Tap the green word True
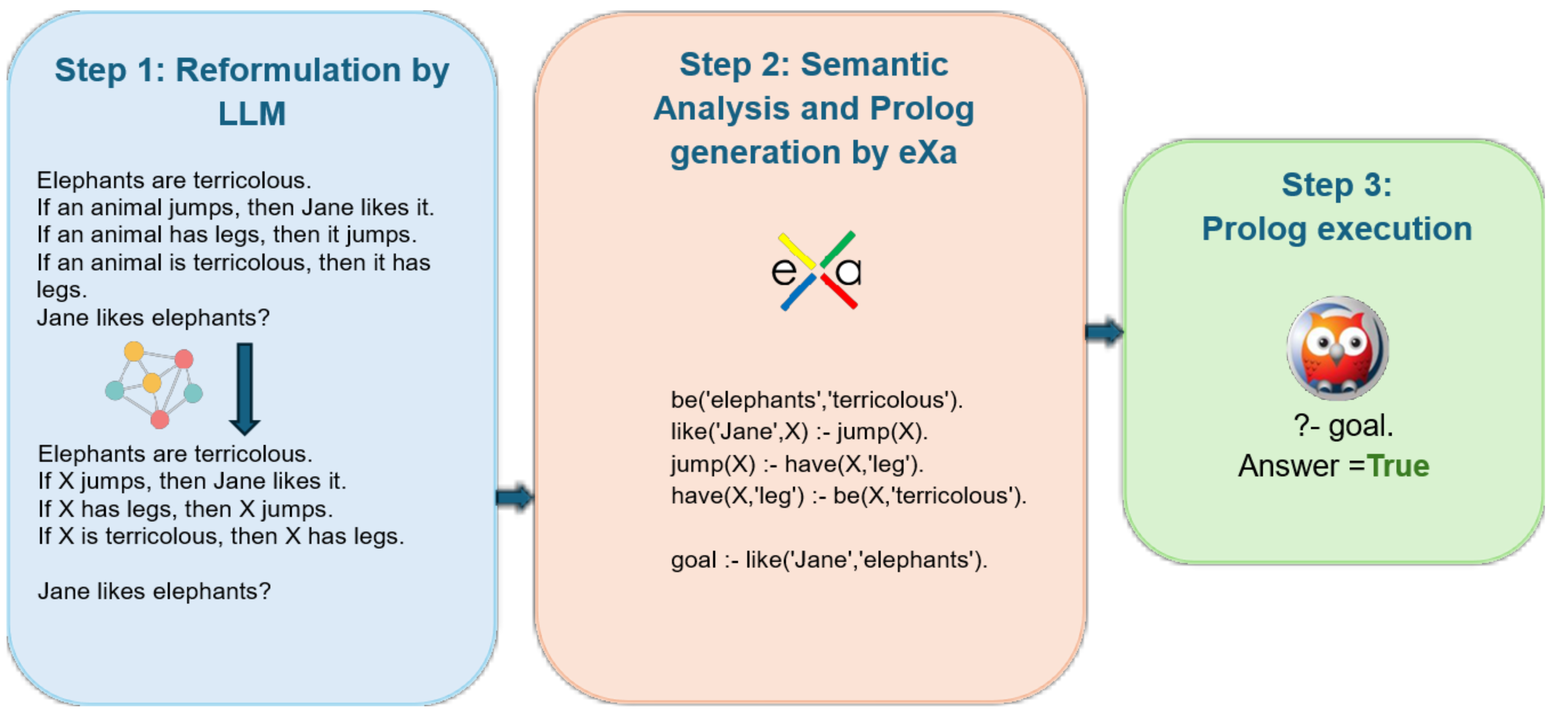tap(1398, 466)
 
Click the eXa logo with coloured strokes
tap(817, 270)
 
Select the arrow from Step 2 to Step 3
tap(1103, 331)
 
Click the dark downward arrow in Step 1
tap(244, 388)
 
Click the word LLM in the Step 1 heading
tap(252, 114)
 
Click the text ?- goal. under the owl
tap(1343, 426)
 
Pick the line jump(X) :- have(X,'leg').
tap(796, 464)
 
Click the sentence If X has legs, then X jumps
tap(185, 509)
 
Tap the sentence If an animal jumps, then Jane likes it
tap(235, 208)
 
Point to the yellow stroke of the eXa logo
tap(796, 250)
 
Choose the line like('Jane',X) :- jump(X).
tap(799, 432)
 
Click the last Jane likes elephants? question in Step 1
tap(154, 591)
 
